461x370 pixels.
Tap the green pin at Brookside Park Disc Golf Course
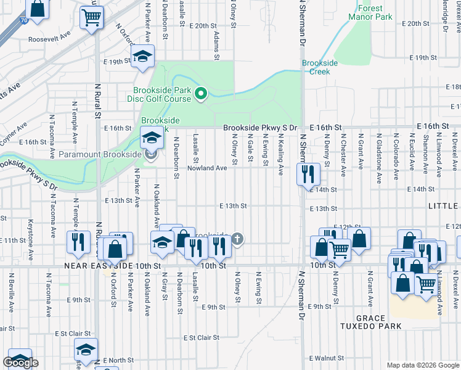[200, 94]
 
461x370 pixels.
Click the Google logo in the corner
[20, 363]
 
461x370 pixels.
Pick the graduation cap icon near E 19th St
[143, 57]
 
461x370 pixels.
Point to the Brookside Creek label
[316, 67]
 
